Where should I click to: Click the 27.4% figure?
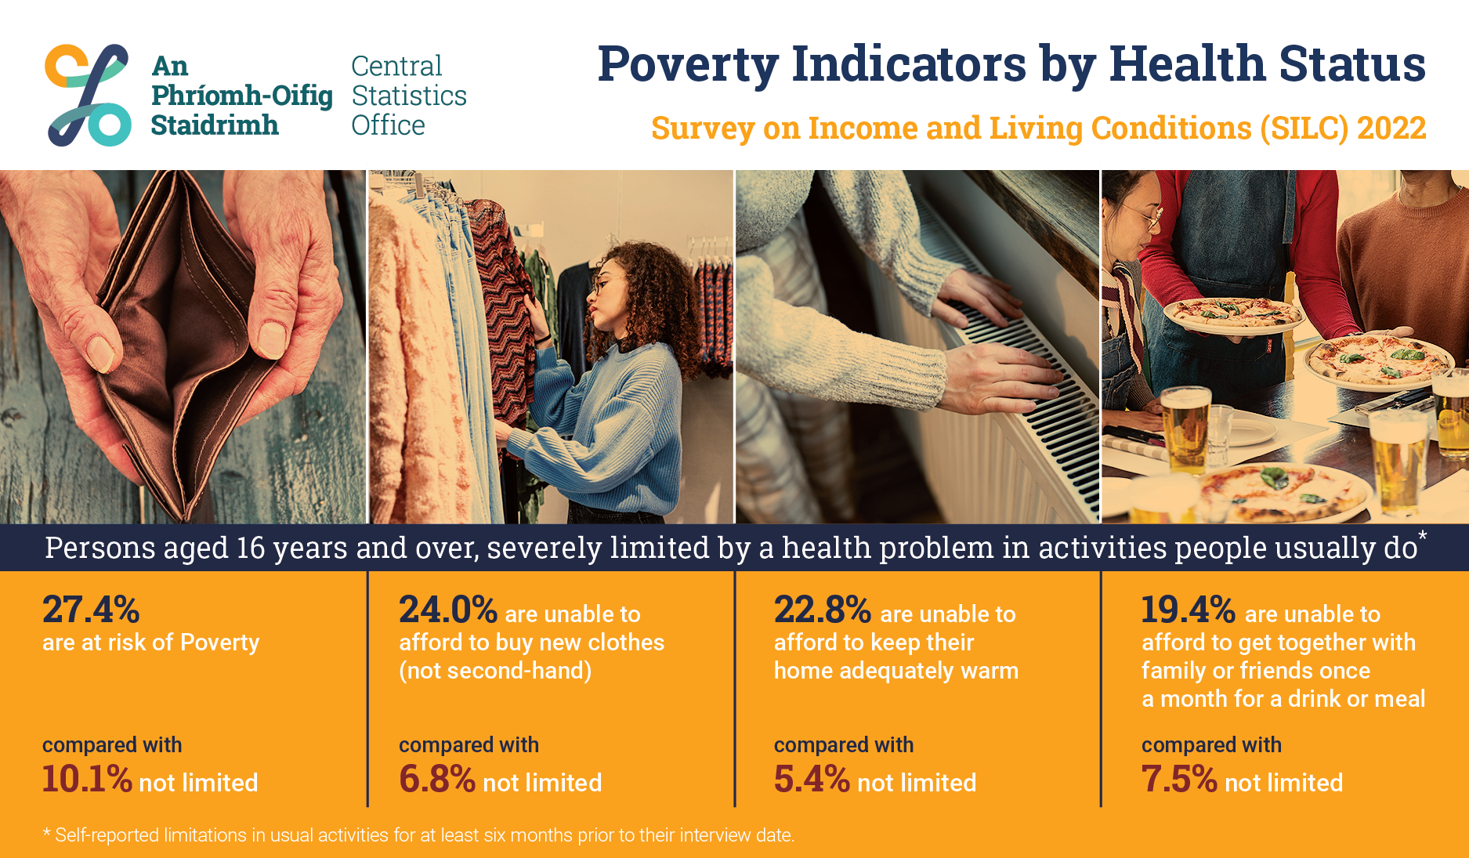91,610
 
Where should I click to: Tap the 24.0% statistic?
448,610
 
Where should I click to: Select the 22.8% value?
823,610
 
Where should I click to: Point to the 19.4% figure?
1189,610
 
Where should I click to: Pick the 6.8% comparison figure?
437,779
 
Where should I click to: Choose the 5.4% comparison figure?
812,779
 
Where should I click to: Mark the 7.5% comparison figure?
1179,779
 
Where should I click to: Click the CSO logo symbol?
89,95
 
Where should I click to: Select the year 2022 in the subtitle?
1391,129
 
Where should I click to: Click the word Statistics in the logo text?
409,96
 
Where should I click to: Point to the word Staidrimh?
215,125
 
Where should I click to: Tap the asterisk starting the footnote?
47,834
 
